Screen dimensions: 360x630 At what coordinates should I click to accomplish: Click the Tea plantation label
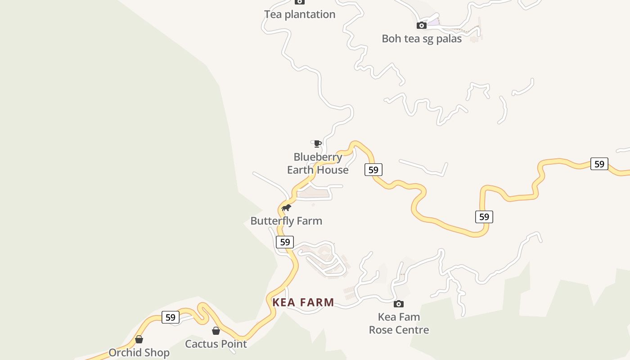click(300, 14)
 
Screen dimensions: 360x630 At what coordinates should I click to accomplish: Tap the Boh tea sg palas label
click(422, 39)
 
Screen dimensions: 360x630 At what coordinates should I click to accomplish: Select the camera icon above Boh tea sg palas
click(421, 25)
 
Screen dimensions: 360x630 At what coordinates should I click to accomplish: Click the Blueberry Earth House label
click(318, 163)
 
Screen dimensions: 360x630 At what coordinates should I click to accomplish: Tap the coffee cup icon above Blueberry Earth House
click(317, 144)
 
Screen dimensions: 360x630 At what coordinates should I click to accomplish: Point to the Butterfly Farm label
click(286, 221)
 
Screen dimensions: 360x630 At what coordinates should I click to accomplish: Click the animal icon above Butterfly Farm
click(286, 207)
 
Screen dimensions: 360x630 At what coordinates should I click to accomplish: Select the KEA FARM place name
click(303, 302)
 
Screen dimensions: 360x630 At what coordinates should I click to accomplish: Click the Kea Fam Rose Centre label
click(399, 324)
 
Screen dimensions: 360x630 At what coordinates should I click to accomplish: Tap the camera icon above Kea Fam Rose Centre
click(399, 304)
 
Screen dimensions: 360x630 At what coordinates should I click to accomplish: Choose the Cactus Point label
click(216, 344)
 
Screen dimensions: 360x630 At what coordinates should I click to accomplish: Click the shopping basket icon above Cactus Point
click(216, 331)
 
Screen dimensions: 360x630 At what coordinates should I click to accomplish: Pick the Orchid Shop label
click(139, 353)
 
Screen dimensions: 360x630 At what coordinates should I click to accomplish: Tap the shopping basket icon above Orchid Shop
click(139, 339)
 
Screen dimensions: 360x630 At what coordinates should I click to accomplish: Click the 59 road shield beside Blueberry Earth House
click(373, 170)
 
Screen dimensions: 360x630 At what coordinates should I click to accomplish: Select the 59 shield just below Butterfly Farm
click(284, 242)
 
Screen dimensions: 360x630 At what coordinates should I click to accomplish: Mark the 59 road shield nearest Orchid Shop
click(170, 317)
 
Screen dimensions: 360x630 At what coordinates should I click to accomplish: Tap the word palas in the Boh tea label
click(448, 39)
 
